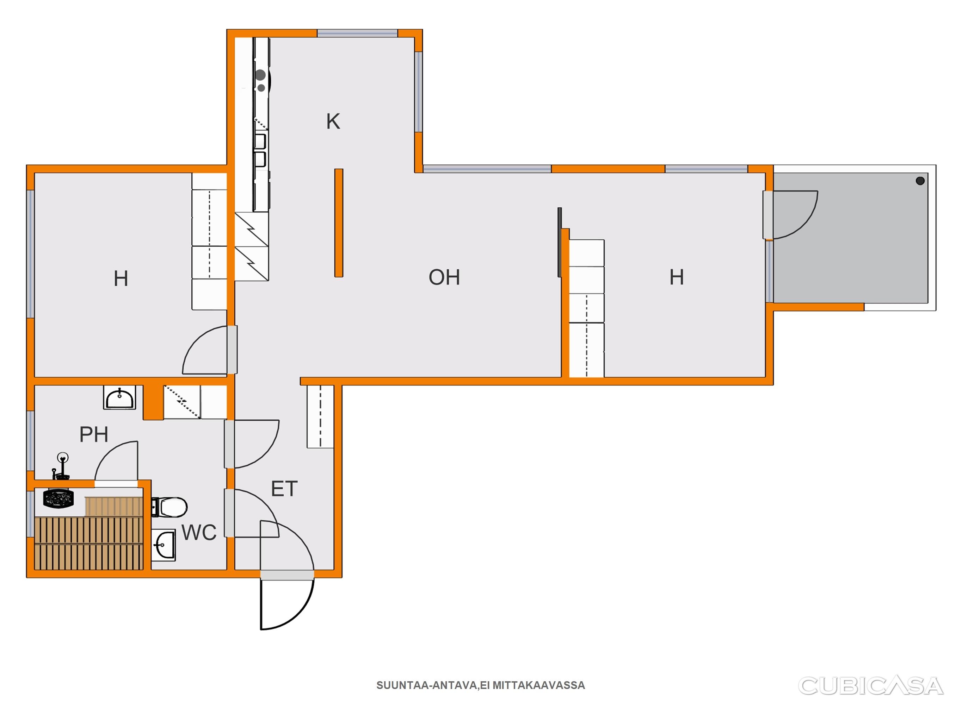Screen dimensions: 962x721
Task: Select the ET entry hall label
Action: click(284, 489)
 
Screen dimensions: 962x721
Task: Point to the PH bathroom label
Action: click(93, 434)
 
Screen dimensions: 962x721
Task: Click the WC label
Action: click(199, 532)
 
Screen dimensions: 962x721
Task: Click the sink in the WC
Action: click(164, 545)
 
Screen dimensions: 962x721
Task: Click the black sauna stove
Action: click(58, 498)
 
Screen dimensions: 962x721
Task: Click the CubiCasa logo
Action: click(871, 686)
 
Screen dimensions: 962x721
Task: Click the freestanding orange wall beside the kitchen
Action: click(339, 223)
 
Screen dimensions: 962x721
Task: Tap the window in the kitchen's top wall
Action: click(357, 33)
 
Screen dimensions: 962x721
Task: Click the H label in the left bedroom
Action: click(121, 278)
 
